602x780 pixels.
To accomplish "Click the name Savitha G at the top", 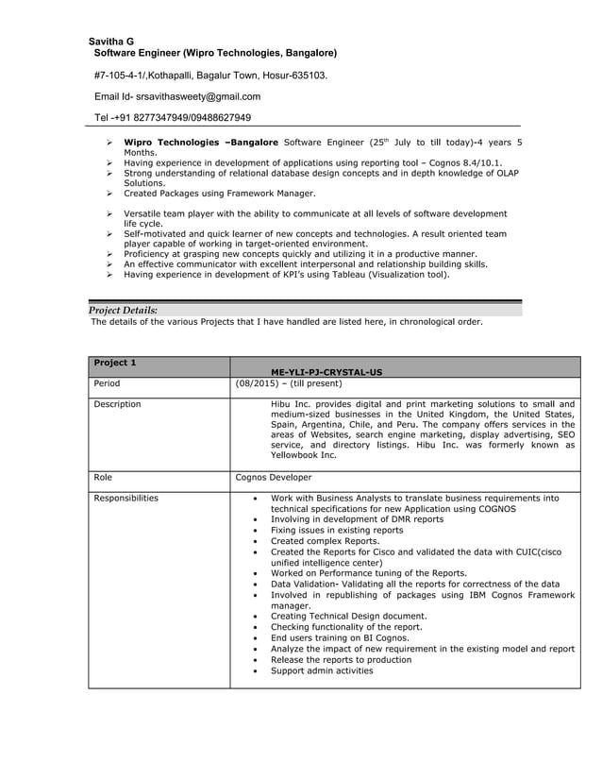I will point(111,42).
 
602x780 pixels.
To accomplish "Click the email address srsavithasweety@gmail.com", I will point(198,96).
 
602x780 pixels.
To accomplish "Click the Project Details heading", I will point(123,310).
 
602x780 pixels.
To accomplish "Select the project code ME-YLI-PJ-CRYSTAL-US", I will point(326,372).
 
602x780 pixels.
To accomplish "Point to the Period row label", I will point(108,384).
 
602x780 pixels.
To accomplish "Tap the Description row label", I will point(117,404).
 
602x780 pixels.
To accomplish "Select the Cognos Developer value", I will point(273,478).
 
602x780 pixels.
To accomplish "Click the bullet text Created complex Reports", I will point(325,541).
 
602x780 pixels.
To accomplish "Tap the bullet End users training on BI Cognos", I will point(342,638).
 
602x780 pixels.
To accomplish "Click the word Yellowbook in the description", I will point(297,455).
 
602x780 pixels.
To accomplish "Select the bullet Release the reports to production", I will point(341,660).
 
